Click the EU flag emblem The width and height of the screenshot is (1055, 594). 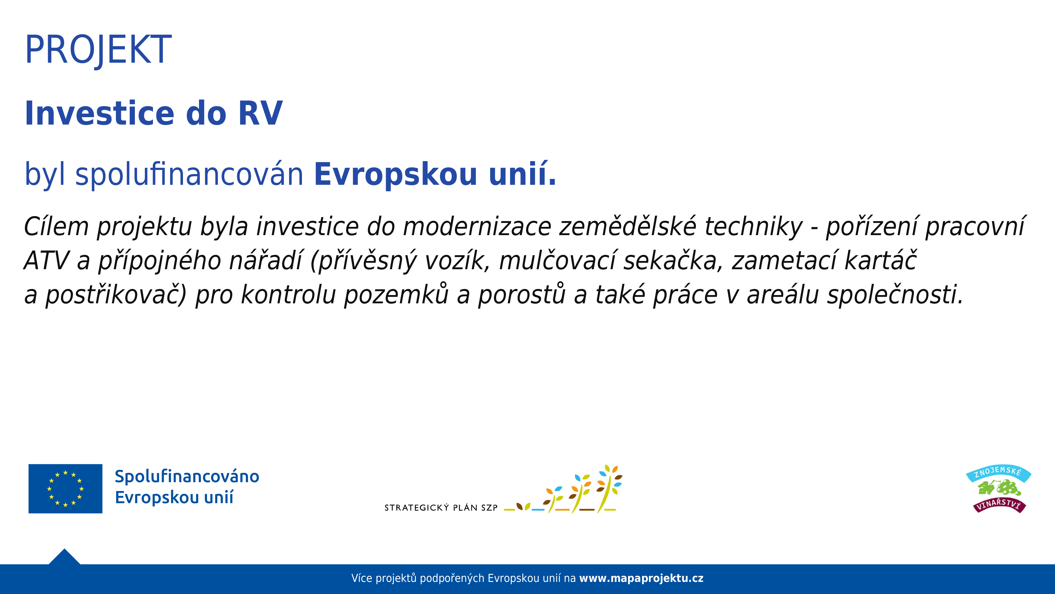click(66, 489)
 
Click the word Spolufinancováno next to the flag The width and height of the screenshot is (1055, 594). click(187, 476)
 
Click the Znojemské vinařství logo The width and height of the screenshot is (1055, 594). click(998, 489)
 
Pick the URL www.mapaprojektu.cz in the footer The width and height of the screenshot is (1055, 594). click(641, 578)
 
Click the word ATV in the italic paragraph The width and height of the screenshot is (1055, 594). click(46, 261)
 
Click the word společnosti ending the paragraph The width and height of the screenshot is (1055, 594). click(895, 295)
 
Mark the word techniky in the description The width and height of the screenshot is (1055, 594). click(754, 227)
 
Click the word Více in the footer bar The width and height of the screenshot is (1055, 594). click(362, 578)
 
